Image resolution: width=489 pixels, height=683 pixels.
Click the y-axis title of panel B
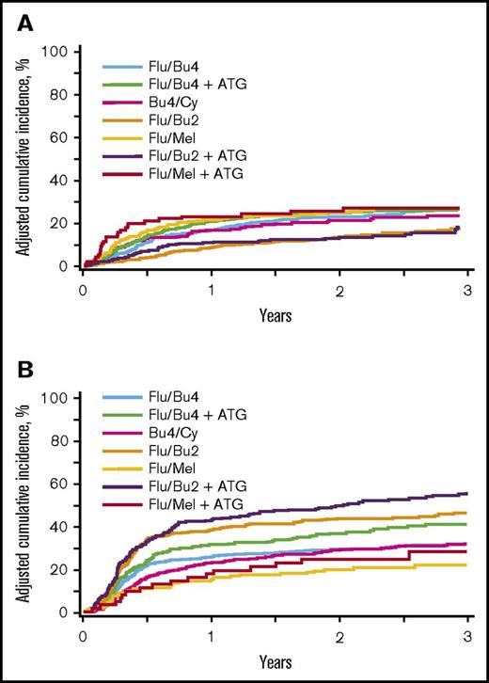tap(25, 503)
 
